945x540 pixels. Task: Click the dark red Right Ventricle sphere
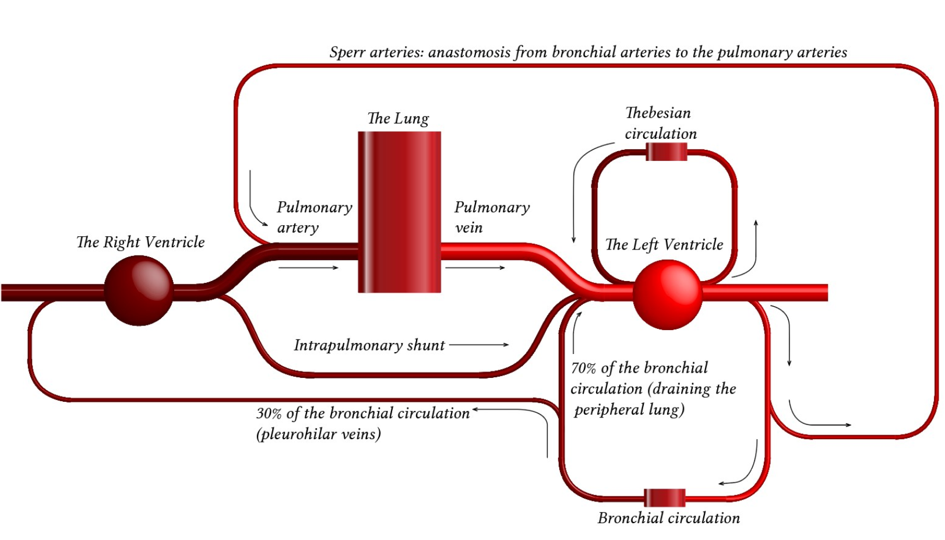(139, 290)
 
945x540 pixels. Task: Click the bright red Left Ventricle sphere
(667, 294)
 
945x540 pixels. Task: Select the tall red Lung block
(399, 212)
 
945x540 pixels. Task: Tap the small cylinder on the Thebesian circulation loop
(667, 152)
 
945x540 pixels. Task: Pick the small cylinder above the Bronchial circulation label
(665, 497)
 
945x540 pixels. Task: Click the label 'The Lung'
(398, 118)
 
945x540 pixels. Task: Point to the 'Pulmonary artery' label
(314, 217)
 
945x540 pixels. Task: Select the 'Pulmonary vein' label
(492, 217)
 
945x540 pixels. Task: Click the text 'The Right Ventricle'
(140, 242)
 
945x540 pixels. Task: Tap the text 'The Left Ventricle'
(664, 244)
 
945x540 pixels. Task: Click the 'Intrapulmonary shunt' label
(369, 345)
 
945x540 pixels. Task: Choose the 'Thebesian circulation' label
(660, 123)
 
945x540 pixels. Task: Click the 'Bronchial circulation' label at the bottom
(668, 518)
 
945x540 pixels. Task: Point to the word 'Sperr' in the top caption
(347, 52)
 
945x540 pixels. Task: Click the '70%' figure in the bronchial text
(583, 368)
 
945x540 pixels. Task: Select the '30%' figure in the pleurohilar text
(269, 413)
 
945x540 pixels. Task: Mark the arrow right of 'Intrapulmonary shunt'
(479, 345)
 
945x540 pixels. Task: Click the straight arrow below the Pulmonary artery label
(308, 268)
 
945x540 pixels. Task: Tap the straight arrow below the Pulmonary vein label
(475, 268)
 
